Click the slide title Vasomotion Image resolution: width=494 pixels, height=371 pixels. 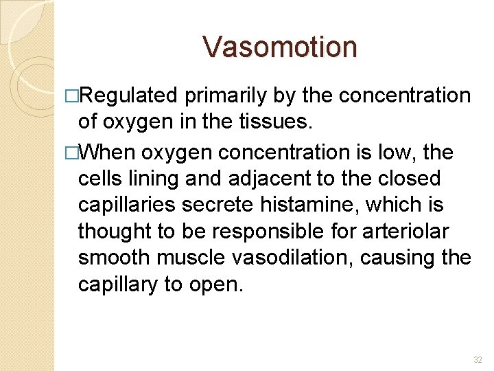point(280,47)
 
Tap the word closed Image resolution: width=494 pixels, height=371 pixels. point(414,178)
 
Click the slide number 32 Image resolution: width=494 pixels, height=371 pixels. point(478,359)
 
